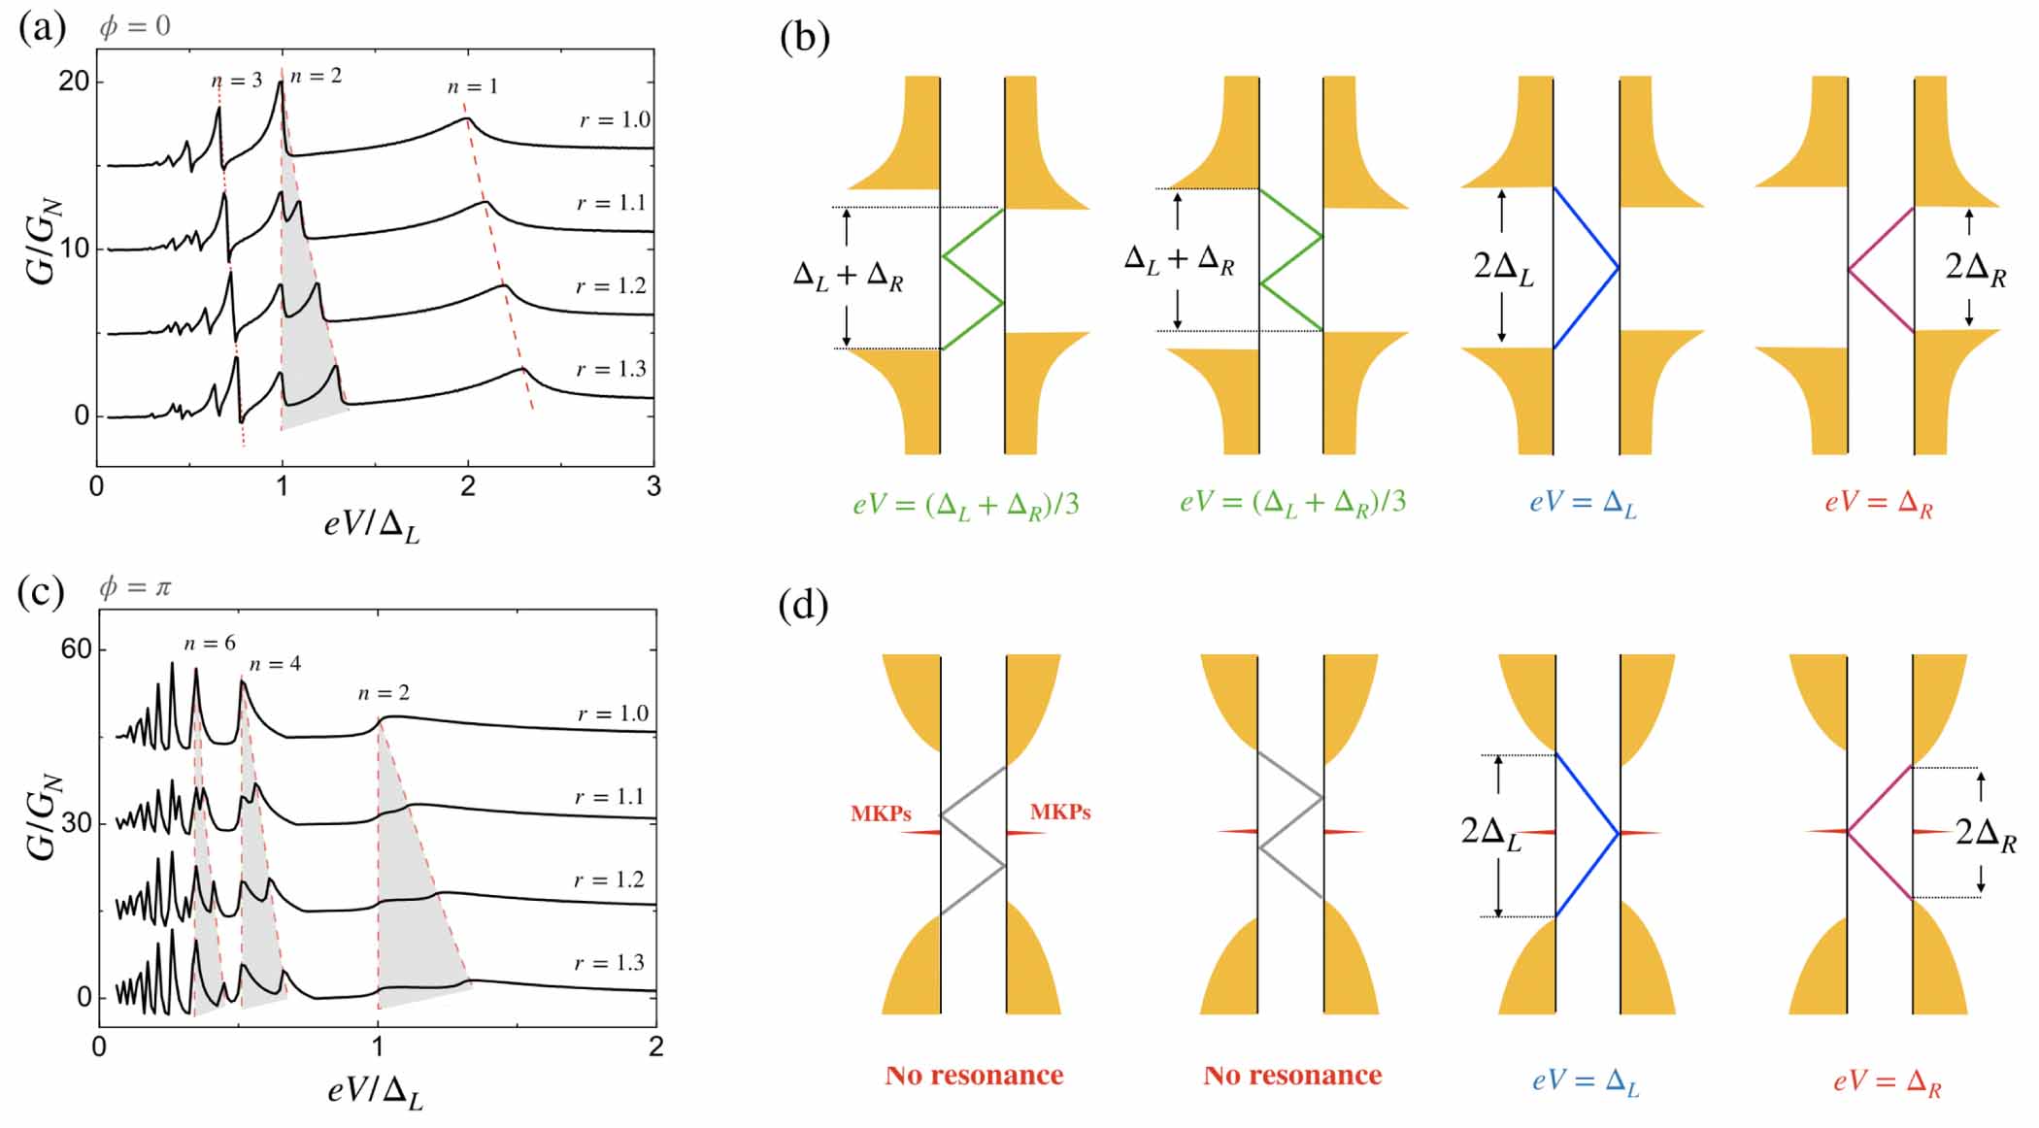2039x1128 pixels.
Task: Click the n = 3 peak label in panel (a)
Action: point(237,81)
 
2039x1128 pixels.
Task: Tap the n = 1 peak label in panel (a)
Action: point(473,87)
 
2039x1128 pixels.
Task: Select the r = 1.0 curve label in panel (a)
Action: point(615,120)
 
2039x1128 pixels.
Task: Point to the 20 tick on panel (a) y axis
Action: point(74,82)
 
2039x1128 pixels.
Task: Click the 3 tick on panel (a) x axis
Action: point(653,486)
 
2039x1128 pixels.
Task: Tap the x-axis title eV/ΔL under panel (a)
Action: point(372,526)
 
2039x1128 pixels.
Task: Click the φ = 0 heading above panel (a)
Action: point(135,26)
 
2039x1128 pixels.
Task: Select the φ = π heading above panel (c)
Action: point(135,587)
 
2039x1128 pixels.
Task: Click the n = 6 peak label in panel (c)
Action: point(210,644)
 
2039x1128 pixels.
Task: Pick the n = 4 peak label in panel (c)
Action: point(275,664)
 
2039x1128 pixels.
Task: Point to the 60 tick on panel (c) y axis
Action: point(76,649)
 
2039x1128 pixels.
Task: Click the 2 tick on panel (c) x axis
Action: point(655,1046)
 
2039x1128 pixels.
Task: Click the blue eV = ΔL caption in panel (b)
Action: point(1583,503)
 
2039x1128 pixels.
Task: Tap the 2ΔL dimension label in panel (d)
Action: point(1490,833)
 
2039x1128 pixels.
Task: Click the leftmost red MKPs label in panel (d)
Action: point(881,813)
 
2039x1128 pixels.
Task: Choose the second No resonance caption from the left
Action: point(1292,1076)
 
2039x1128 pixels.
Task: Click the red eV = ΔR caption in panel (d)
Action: point(1887,1081)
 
